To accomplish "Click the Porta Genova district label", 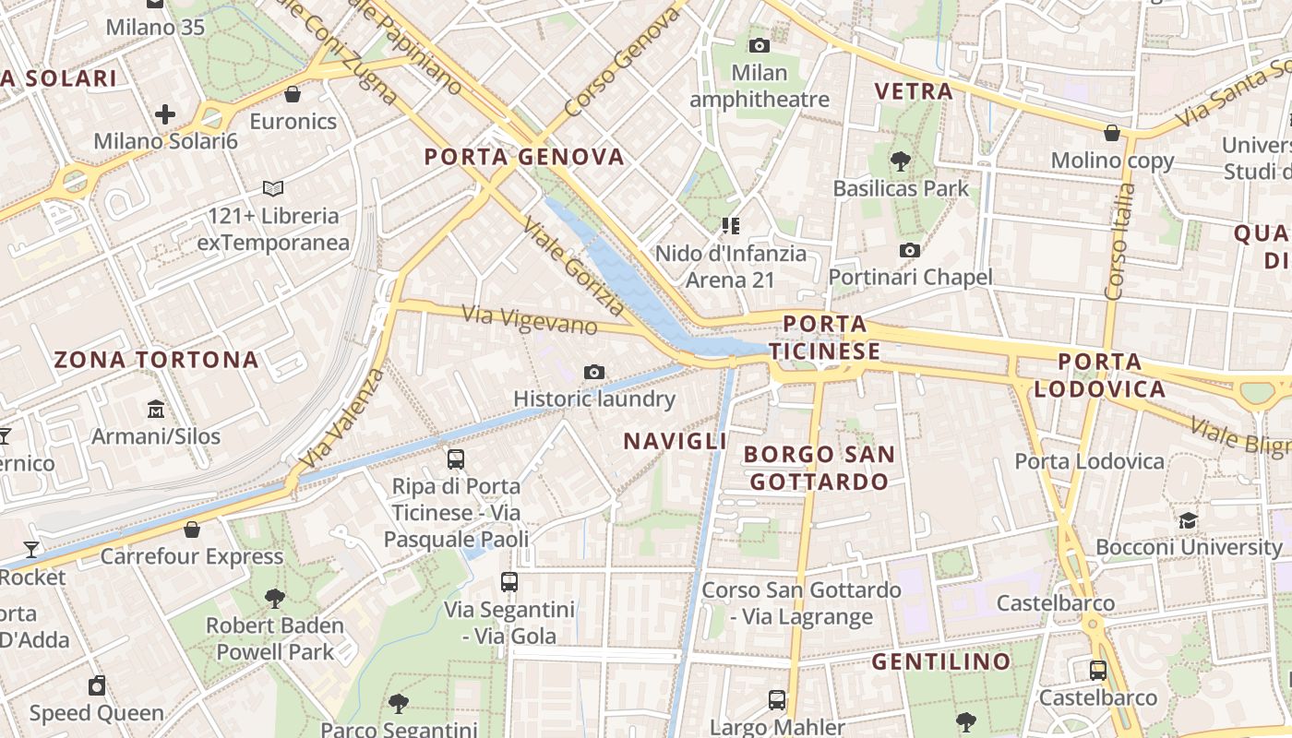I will pyautogui.click(x=524, y=157).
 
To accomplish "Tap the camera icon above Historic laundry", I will pyautogui.click(x=594, y=372).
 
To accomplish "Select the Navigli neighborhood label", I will pyautogui.click(x=676, y=441).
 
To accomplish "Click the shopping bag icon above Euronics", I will pyautogui.click(x=293, y=94).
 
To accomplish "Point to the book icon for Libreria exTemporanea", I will pyautogui.click(x=272, y=189).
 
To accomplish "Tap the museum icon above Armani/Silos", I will pyautogui.click(x=156, y=409).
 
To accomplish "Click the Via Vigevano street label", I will pyautogui.click(x=530, y=320).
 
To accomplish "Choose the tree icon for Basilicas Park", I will pyautogui.click(x=901, y=161).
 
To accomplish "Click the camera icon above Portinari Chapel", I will pyautogui.click(x=910, y=250).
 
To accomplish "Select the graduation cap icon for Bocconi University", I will pyautogui.click(x=1189, y=520).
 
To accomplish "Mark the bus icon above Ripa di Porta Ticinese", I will pyautogui.click(x=455, y=458).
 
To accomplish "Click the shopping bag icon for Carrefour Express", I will pyautogui.click(x=192, y=530).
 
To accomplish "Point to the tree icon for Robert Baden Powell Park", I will pyautogui.click(x=274, y=598).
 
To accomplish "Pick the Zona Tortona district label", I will pyautogui.click(x=156, y=360).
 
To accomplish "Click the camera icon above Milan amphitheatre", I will pyautogui.click(x=760, y=45).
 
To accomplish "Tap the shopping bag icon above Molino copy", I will pyautogui.click(x=1112, y=133).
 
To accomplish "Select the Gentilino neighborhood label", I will pyautogui.click(x=941, y=661).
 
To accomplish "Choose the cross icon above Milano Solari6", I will pyautogui.click(x=165, y=114).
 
